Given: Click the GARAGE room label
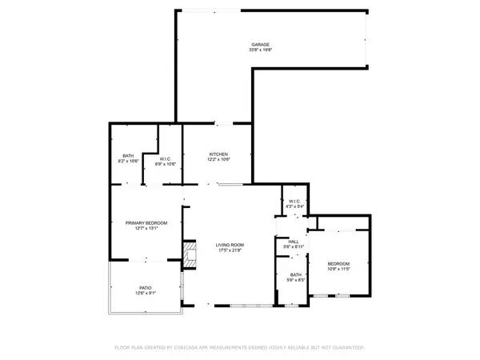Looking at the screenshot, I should [x=259, y=45].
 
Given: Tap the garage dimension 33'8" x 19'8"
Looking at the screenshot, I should [x=259, y=50].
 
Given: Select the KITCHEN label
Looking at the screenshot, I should [x=219, y=154].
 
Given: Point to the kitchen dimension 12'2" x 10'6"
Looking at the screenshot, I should [x=219, y=159].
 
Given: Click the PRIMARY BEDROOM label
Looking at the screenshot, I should [x=146, y=222].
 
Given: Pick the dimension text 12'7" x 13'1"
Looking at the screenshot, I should [x=146, y=228].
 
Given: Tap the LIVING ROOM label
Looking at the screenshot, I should [x=230, y=245].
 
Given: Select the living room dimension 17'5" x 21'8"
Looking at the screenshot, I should [x=230, y=250].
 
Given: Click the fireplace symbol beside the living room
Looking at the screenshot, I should [x=190, y=254].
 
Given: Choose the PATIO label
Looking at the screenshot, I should [x=146, y=287].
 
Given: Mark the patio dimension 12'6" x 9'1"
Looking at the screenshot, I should [x=146, y=293].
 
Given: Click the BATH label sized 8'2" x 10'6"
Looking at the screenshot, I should [x=128, y=155].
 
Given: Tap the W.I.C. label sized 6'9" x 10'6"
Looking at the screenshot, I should [x=166, y=158].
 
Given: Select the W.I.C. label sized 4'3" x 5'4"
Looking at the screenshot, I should [x=293, y=201].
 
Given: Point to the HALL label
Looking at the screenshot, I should [x=293, y=241].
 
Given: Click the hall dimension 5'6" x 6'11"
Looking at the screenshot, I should [x=293, y=246].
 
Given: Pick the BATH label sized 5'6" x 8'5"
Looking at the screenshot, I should [x=296, y=274].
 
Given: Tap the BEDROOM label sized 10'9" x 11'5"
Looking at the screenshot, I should [x=338, y=263].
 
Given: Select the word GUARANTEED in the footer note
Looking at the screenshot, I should [x=347, y=348].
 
